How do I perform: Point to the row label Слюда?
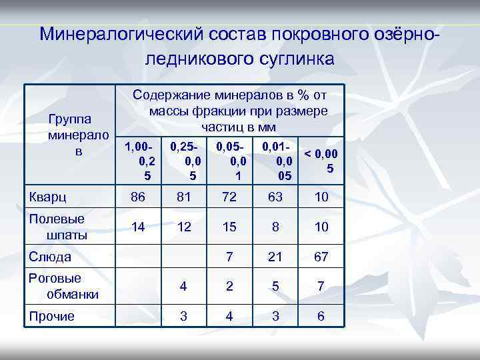49,256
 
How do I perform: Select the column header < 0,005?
321,160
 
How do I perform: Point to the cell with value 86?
139,198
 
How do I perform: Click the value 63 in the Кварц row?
275,198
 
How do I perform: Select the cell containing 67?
321,257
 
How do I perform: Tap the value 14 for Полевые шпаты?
139,227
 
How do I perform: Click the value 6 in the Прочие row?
321,316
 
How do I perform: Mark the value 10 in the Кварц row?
321,198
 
